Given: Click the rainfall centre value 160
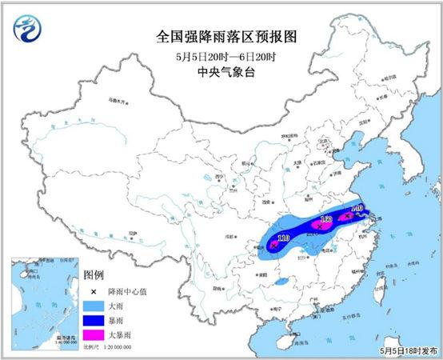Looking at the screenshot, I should coord(325,218).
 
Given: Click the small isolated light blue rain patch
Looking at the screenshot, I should coord(281,282).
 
